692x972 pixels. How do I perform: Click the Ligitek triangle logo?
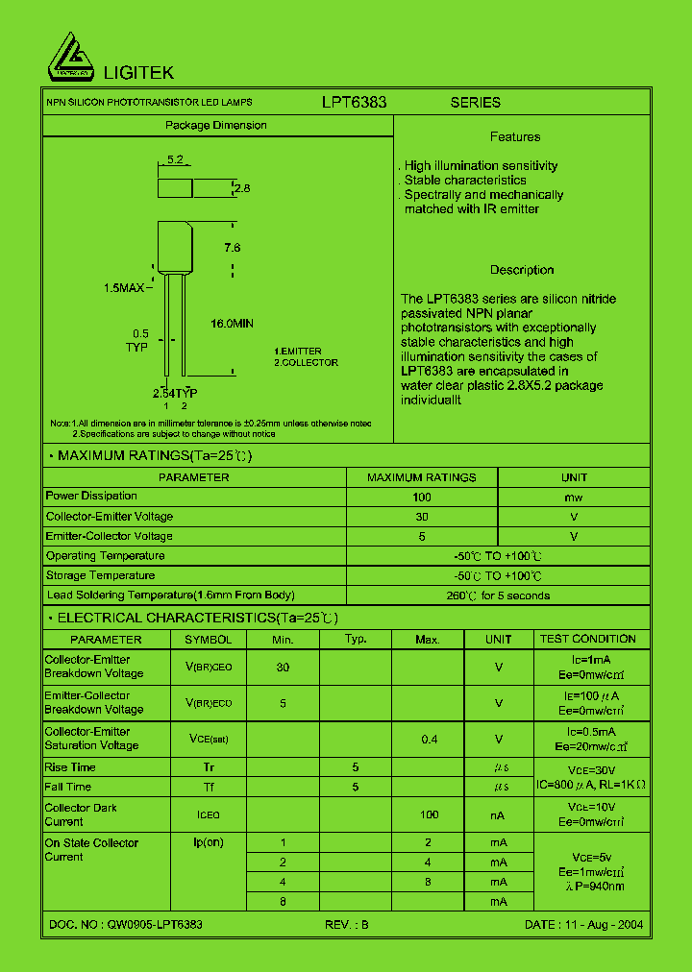72,58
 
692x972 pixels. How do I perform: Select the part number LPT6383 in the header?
354,102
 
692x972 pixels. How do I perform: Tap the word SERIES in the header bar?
476,102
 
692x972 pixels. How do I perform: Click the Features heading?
515,137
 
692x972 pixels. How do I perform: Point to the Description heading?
522,270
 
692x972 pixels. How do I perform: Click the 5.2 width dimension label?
175,159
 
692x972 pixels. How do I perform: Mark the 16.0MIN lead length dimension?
232,324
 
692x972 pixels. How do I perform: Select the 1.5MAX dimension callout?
124,287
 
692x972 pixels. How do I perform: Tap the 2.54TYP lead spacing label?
175,394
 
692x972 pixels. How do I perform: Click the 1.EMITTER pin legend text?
298,352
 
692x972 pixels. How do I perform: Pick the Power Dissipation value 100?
422,497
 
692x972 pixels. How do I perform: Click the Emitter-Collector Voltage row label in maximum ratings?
110,536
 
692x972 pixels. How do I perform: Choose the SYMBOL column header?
209,640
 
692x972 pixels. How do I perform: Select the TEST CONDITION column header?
588,639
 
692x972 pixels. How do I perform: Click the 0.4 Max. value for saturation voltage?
428,739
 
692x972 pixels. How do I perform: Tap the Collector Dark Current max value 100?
429,814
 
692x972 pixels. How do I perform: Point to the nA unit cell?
498,814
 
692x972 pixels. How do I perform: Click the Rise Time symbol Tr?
209,767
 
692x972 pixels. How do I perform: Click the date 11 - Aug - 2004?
584,924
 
